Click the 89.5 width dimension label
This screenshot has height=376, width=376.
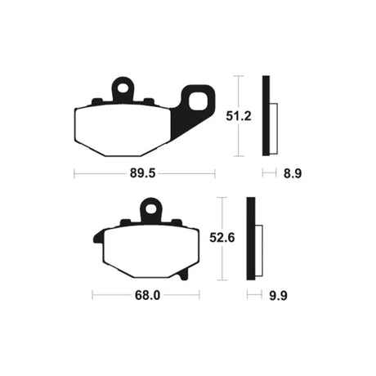pyautogui.click(x=142, y=173)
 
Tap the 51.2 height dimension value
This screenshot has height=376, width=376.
pyautogui.click(x=239, y=116)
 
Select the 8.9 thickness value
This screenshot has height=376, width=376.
pyautogui.click(x=293, y=173)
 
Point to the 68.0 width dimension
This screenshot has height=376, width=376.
pyautogui.click(x=147, y=295)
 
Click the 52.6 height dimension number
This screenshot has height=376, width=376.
pyautogui.click(x=222, y=238)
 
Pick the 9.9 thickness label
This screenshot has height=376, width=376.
pyautogui.click(x=278, y=296)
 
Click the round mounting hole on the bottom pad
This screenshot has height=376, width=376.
pyautogui.click(x=150, y=209)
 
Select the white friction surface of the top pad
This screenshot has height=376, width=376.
pyautogui.click(x=123, y=131)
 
